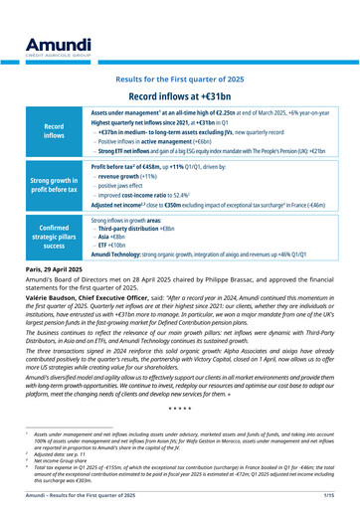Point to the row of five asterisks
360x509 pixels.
tap(180, 409)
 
